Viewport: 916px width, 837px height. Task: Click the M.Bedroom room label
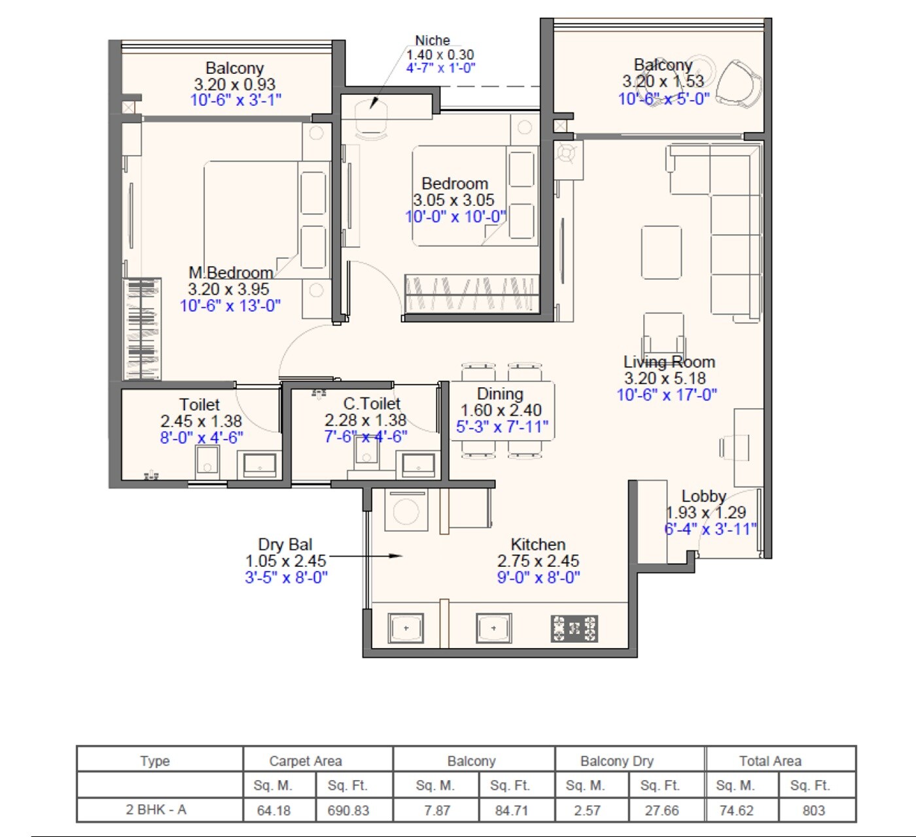(230, 273)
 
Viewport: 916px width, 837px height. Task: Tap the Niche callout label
(432, 41)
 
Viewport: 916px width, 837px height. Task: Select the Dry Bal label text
(285, 544)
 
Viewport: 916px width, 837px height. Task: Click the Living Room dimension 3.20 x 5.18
(665, 379)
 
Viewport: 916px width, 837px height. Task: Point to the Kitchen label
(538, 544)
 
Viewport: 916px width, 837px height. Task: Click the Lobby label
(703, 496)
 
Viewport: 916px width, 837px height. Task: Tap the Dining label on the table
(500, 394)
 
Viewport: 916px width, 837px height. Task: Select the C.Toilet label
(372, 403)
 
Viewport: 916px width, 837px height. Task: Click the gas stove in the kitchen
(574, 628)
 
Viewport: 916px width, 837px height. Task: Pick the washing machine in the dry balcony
(406, 510)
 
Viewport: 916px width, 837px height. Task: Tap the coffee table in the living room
(661, 252)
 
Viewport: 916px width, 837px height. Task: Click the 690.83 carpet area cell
(348, 810)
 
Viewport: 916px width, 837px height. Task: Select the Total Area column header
(770, 760)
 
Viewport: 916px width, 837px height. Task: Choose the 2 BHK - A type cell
(156, 810)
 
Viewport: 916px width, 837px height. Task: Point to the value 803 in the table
(813, 810)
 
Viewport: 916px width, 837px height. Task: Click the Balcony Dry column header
(616, 760)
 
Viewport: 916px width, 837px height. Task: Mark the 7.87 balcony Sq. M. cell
(436, 810)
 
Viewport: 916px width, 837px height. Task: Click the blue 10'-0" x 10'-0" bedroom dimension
(456, 216)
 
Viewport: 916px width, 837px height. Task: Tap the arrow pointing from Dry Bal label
(366, 556)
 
